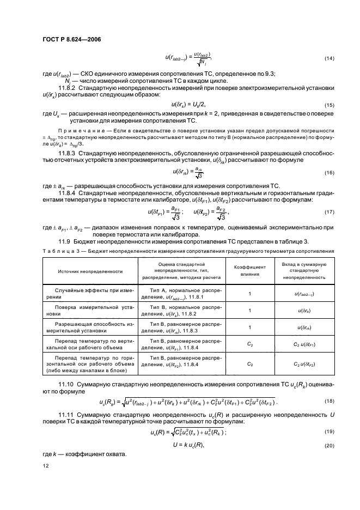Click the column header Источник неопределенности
point(88,271)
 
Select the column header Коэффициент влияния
point(249,271)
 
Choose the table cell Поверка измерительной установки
point(88,311)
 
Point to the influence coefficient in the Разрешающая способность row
point(249,327)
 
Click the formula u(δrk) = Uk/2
point(182,105)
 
